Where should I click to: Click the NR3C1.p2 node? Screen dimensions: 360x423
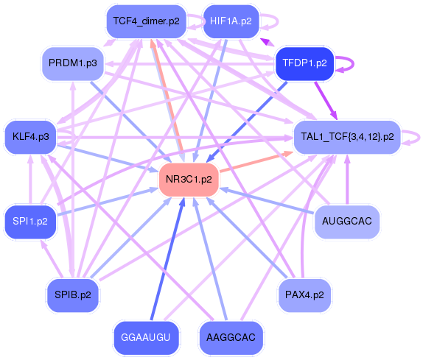click(x=189, y=179)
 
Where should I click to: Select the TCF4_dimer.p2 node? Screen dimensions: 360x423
click(x=146, y=21)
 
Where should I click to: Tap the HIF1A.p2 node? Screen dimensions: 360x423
click(x=231, y=21)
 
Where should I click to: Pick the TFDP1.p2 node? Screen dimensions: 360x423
click(x=304, y=63)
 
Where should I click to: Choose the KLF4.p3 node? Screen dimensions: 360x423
click(x=31, y=136)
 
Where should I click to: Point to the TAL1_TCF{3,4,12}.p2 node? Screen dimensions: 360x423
click(x=346, y=136)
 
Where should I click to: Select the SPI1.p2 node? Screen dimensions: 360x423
click(x=31, y=221)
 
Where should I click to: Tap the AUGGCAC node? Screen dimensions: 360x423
click(x=346, y=221)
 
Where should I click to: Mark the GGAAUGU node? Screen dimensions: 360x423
click(x=146, y=337)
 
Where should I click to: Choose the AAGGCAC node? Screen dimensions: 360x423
click(x=231, y=337)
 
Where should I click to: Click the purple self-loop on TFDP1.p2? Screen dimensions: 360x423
click(x=349, y=63)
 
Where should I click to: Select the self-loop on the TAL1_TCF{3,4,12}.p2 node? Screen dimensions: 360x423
click(x=417, y=136)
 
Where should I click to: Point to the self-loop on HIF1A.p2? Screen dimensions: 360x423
click(x=272, y=21)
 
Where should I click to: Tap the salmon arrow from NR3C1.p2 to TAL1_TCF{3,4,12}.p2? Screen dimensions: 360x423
click(x=255, y=163)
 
